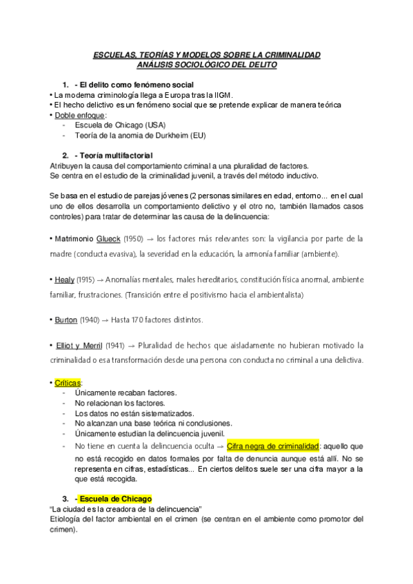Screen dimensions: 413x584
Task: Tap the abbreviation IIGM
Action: pyautogui.click(x=223, y=94)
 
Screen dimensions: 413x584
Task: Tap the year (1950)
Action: pyautogui.click(x=134, y=238)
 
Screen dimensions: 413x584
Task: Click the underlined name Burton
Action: pyautogui.click(x=67, y=320)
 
